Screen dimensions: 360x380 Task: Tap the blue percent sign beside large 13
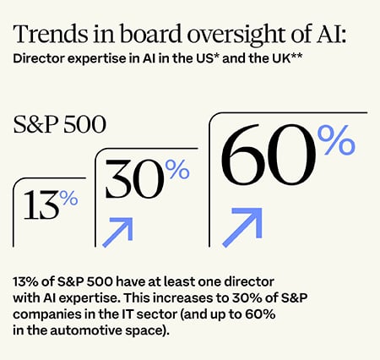(x=69, y=199)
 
